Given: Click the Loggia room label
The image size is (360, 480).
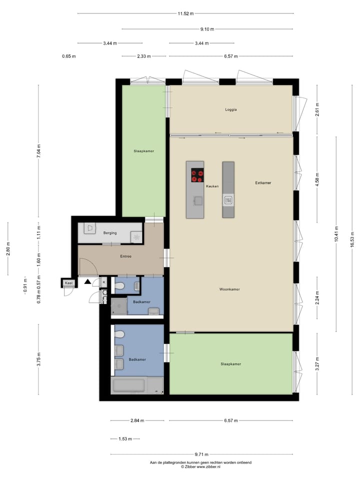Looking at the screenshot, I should pos(230,109).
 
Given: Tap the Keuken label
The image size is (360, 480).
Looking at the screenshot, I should pos(212,186).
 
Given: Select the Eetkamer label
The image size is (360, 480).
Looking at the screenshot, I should pos(263,183).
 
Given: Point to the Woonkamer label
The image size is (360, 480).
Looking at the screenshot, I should pos(229,289).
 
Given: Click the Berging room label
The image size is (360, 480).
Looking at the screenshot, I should pos(110,232).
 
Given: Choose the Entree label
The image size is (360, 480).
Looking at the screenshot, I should pos(125,256).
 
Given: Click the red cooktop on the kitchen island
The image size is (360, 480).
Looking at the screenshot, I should pos(197,175).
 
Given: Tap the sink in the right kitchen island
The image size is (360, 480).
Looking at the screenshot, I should pos(228,200).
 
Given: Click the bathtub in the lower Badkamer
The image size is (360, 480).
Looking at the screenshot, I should pos(129,385).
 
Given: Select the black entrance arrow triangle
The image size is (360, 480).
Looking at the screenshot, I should pos(88,282).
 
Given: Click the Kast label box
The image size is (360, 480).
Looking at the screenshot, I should pos(68,283).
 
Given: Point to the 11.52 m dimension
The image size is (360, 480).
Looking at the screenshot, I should pos(185,13).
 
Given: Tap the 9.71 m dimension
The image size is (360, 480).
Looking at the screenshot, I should pos(201,454).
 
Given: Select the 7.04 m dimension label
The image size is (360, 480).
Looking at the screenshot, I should pos(39,150).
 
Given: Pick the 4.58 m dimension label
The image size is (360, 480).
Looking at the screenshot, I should pos(316,177).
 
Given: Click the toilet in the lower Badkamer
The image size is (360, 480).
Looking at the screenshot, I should pos(119,332).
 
